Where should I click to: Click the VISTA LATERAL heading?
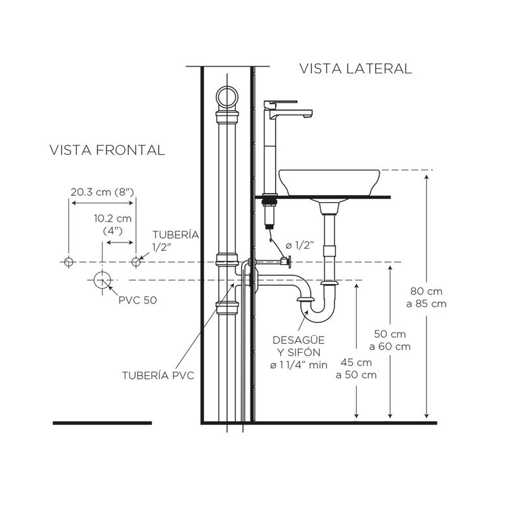[x=355, y=69]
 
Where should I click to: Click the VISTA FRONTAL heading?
[x=107, y=150]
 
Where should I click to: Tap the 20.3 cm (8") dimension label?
[x=102, y=192]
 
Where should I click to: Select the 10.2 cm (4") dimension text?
[x=112, y=224]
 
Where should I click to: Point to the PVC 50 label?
[x=137, y=300]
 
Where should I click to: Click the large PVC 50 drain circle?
[x=101, y=280]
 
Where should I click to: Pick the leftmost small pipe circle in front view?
[x=68, y=261]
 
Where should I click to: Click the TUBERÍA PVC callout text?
[x=158, y=375]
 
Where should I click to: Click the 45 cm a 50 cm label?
[x=356, y=369]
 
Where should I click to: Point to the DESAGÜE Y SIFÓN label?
[x=300, y=352]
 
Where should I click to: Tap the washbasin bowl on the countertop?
[x=329, y=181]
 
